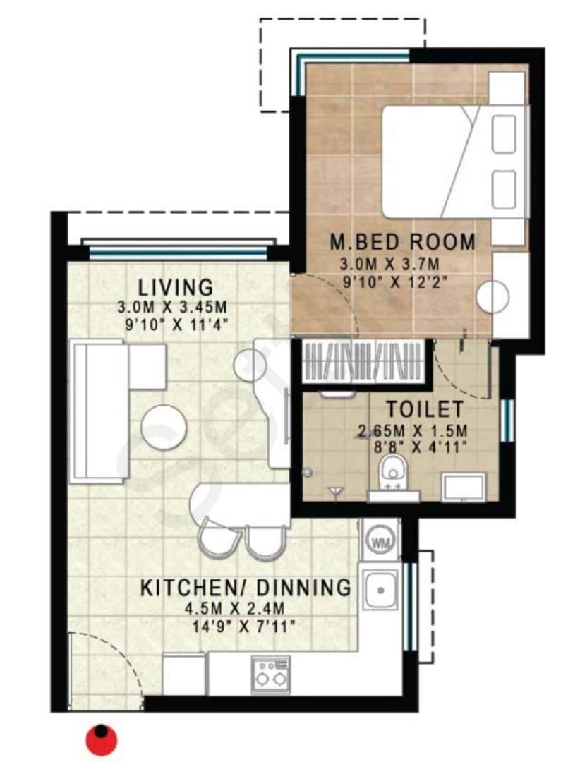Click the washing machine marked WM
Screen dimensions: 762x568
click(380, 543)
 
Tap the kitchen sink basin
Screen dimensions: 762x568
click(381, 589)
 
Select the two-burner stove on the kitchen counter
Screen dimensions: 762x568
click(271, 675)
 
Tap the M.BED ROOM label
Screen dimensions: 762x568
click(403, 242)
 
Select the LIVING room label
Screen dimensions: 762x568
click(176, 288)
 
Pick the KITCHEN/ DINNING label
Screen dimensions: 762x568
click(246, 587)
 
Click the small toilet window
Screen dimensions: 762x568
click(506, 421)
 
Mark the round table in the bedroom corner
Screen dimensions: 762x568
click(493, 296)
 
